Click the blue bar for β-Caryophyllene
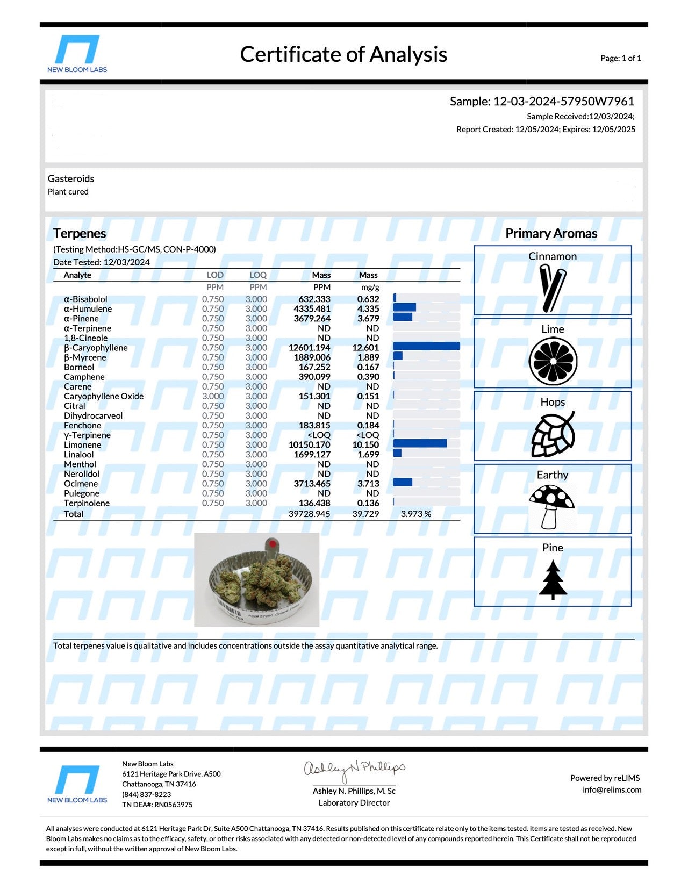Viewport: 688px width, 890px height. coord(426,347)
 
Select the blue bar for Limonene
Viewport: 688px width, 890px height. coord(420,443)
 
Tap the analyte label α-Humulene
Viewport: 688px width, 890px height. coord(88,309)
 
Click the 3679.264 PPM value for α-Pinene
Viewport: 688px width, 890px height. coord(312,319)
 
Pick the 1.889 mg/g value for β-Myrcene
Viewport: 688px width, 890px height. coord(368,357)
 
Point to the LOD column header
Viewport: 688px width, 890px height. coord(215,275)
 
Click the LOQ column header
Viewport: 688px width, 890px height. coord(258,275)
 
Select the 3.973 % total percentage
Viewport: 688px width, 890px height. coord(416,514)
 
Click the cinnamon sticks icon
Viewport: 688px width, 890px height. coord(553,289)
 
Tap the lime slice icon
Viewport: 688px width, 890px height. coord(553,361)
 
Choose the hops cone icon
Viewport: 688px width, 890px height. coord(553,434)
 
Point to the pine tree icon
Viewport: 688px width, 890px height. coord(553,579)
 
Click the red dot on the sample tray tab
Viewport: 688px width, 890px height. coord(273,544)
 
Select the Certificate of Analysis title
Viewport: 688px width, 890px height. coord(343,54)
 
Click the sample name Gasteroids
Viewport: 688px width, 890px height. coord(71,178)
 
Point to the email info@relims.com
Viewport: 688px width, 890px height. coord(612,790)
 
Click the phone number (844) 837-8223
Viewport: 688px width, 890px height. coord(146,794)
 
